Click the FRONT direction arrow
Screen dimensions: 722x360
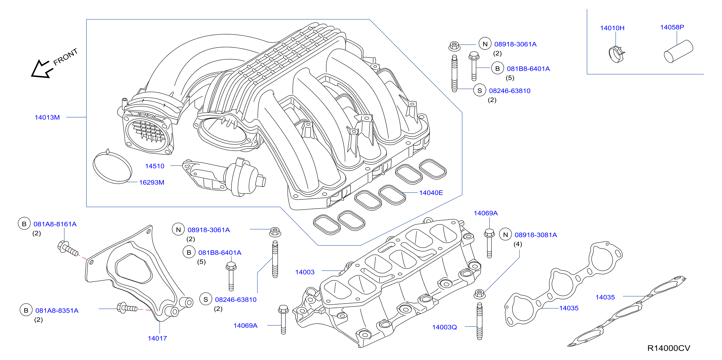coord(42,69)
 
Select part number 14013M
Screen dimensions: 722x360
coord(47,117)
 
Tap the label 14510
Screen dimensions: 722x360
coord(155,166)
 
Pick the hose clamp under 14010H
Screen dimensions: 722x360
coord(617,54)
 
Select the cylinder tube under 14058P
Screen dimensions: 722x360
coord(679,51)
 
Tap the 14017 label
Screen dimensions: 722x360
coord(157,338)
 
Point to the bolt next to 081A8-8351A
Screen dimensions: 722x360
coord(127,308)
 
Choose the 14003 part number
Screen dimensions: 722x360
coord(305,272)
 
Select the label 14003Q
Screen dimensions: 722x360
coord(445,327)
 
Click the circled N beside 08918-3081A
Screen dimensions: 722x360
coord(506,235)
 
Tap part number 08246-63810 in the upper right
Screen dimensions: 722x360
coord(510,91)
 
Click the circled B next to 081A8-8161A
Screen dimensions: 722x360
coord(24,224)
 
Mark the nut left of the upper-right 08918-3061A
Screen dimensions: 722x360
coord(454,46)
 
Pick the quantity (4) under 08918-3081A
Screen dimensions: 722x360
coord(518,244)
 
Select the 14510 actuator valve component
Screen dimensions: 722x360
coord(224,177)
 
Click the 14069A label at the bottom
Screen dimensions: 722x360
coord(245,326)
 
